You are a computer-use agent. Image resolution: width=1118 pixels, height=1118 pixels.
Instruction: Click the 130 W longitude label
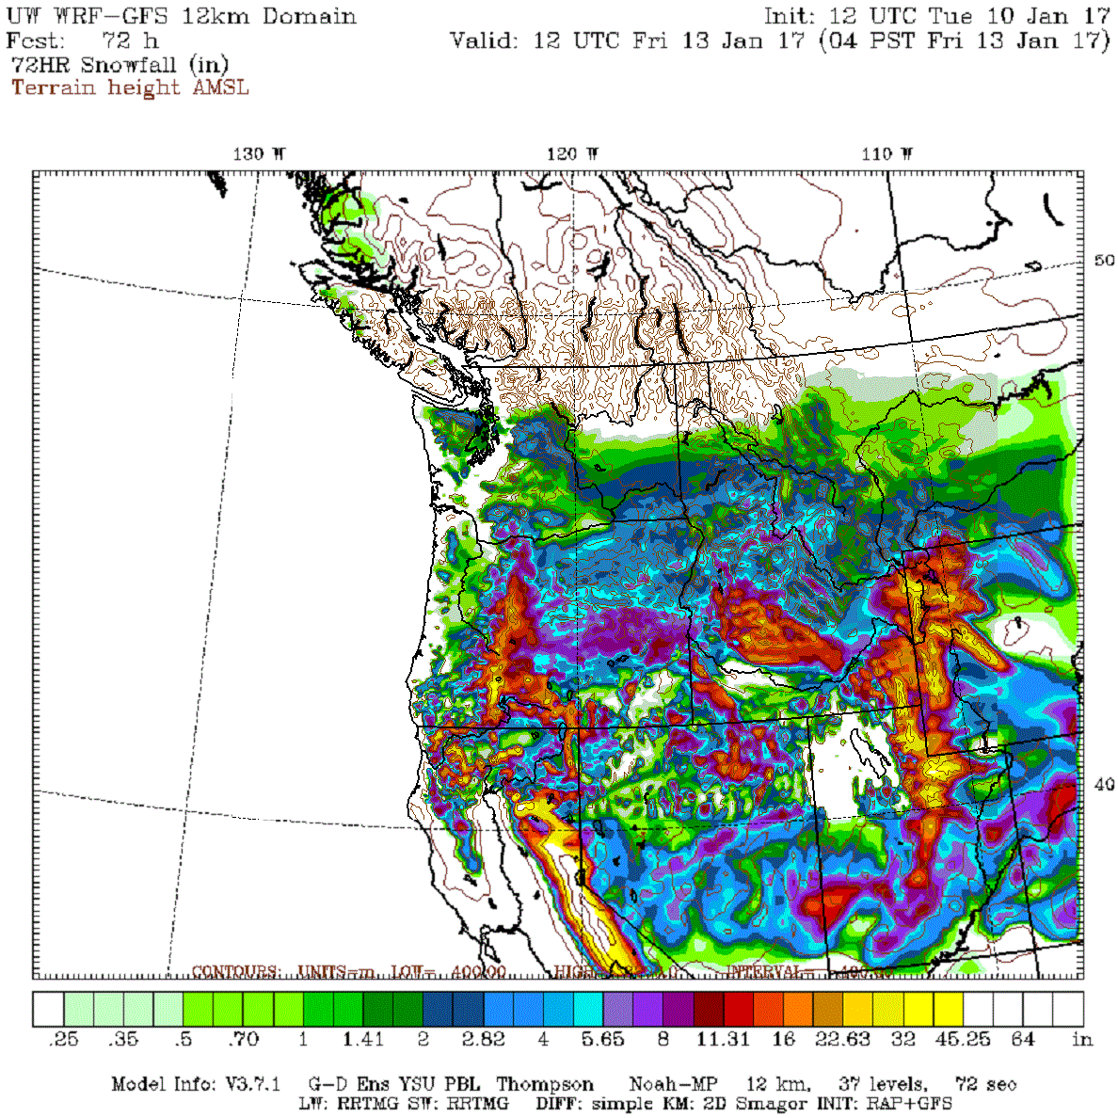pos(259,154)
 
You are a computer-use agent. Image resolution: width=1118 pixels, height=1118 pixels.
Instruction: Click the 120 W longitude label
pos(573,154)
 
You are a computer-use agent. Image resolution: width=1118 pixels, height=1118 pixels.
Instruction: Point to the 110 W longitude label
pos(886,154)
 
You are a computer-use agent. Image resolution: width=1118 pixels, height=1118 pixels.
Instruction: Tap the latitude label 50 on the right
pos(1104,261)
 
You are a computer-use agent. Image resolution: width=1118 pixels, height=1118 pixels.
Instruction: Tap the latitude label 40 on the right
pos(1104,784)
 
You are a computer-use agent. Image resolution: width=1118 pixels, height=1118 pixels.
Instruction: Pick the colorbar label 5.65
pos(602,1039)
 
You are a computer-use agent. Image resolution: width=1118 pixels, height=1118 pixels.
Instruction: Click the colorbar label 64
pos(1023,1039)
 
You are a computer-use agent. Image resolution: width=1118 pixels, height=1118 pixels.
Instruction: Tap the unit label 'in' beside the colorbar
pos(1082,1039)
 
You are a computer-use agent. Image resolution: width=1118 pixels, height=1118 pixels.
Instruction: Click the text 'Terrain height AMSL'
pos(130,88)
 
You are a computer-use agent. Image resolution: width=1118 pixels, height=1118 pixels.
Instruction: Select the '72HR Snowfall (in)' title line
pos(120,65)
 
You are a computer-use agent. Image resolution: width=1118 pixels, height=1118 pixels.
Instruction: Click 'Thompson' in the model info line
pos(545,1085)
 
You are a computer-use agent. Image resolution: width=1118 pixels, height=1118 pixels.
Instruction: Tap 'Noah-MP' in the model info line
pos(666,1085)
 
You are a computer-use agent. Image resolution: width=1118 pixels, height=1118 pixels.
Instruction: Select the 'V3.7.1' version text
pos(253,1085)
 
